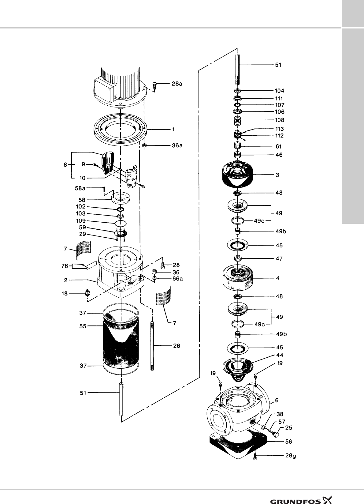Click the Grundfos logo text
(x=295, y=493)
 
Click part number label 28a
(x=177, y=83)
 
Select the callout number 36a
(x=177, y=145)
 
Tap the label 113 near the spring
(x=279, y=129)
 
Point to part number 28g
(x=291, y=456)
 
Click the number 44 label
(x=280, y=355)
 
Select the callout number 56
(x=288, y=442)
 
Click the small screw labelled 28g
(x=255, y=457)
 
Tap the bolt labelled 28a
(x=154, y=85)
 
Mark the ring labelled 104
(x=237, y=91)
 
